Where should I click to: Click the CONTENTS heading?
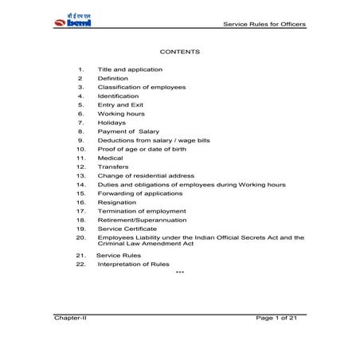pos(179,52)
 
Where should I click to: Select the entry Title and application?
pos(130,69)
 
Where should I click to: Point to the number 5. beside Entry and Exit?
pos(80,104)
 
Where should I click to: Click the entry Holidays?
pos(112,122)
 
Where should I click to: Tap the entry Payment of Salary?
pos(129,131)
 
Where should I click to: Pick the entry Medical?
pos(110,158)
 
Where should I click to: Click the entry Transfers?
pos(113,166)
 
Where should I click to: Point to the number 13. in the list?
pos(80,175)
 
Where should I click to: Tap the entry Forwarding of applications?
pos(139,194)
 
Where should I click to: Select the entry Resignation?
pos(116,202)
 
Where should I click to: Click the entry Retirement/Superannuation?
pos(142,220)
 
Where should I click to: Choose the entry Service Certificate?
pos(130,229)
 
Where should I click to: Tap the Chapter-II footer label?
pos(71,318)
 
